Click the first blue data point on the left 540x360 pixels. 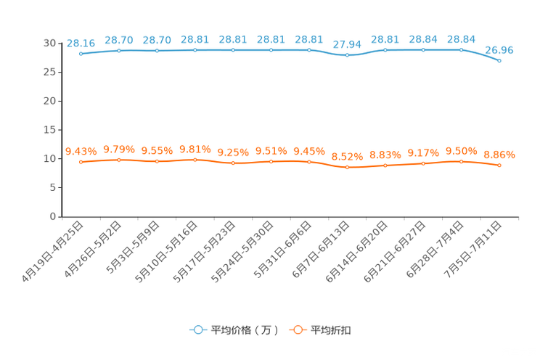tap(81, 54)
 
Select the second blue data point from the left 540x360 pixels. tap(118, 50)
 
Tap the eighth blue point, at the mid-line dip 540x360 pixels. tap(348, 55)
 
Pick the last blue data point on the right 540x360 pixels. tap(499, 61)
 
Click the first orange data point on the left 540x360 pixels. tap(81, 162)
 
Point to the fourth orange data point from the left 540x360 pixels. tap(195, 159)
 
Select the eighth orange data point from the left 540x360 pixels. tap(348, 167)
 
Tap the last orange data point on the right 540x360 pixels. tap(499, 165)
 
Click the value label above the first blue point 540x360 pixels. tap(81, 43)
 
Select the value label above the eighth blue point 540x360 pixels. tap(348, 44)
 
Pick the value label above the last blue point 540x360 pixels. tap(499, 50)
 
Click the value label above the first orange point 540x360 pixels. tap(81, 151)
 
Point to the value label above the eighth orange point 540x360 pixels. tap(348, 156)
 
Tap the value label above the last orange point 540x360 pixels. tap(499, 154)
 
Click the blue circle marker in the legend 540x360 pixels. tap(197, 330)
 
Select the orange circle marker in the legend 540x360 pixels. tap(297, 330)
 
